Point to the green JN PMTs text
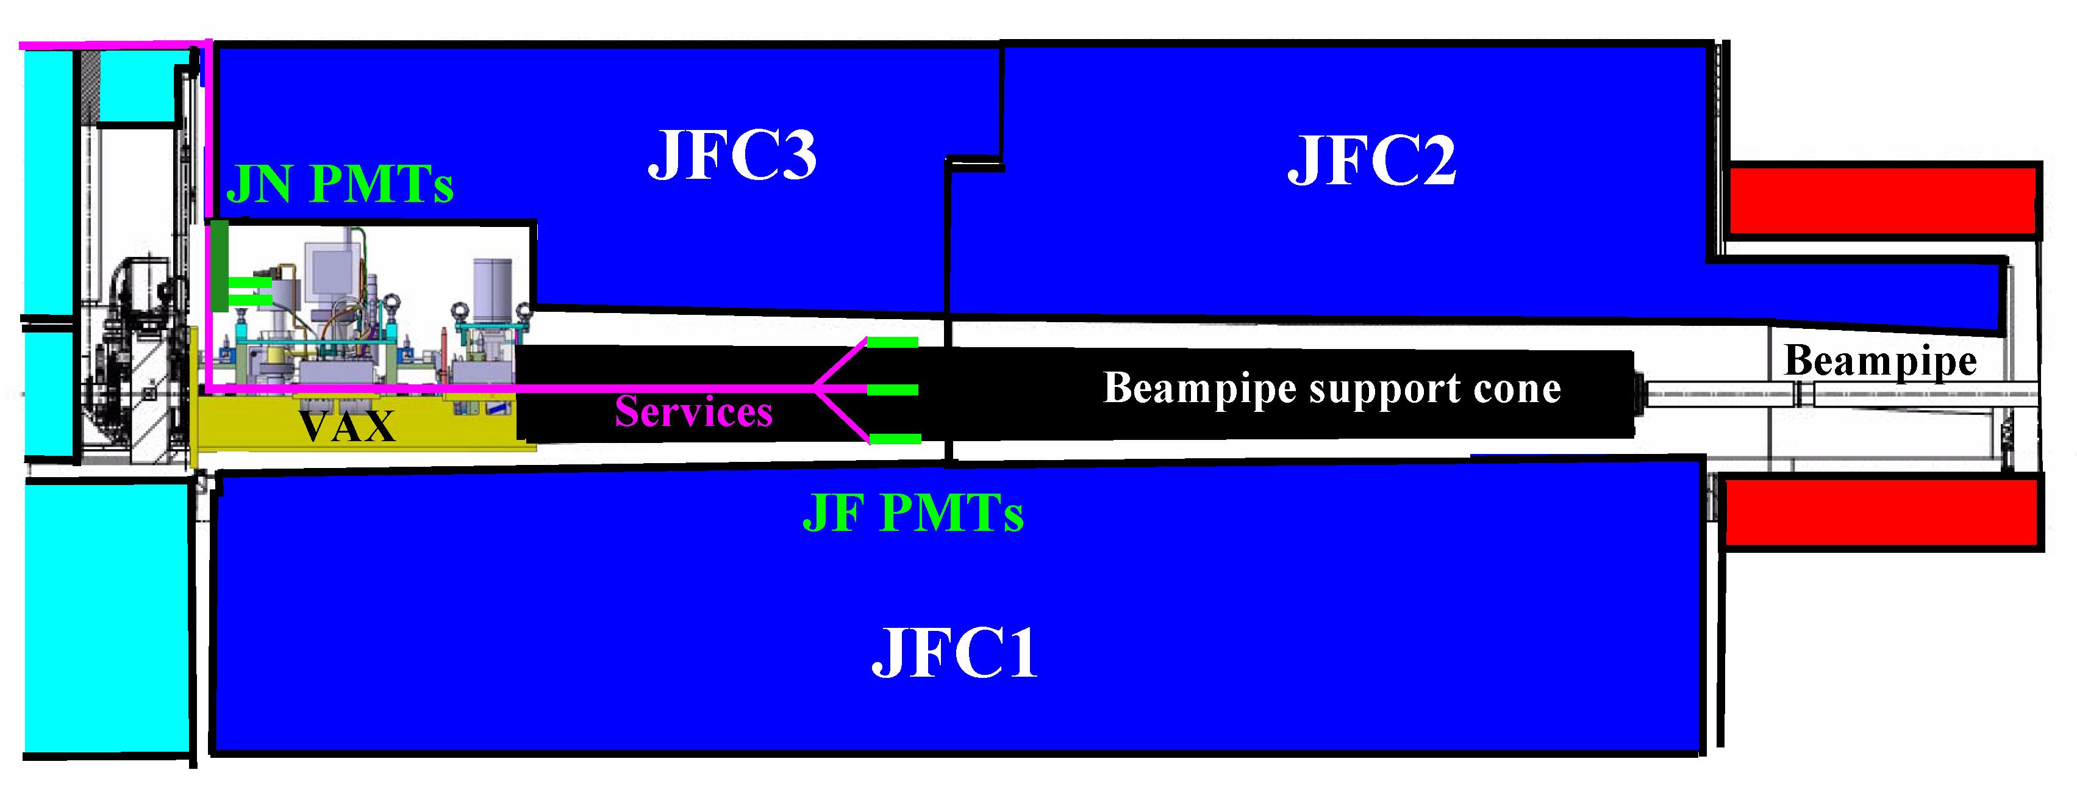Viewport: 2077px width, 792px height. pyautogui.click(x=340, y=185)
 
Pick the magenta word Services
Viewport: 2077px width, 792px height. pyautogui.click(x=693, y=412)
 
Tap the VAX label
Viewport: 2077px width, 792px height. pyautogui.click(x=347, y=426)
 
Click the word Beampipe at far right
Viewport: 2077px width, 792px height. pyautogui.click(x=1879, y=361)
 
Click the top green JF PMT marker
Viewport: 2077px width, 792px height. pyautogui.click(x=893, y=342)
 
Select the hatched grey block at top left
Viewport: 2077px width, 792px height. pyautogui.click(x=90, y=85)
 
